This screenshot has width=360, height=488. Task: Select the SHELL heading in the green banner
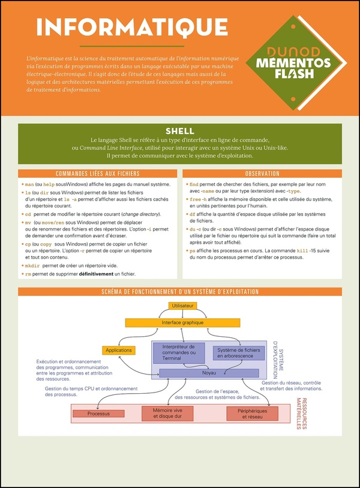pyautogui.click(x=180, y=131)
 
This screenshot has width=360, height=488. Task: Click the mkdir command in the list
pyautogui.click(x=31, y=265)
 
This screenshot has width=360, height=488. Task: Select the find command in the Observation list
pyautogui.click(x=194, y=184)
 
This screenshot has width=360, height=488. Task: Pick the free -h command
pyautogui.click(x=198, y=199)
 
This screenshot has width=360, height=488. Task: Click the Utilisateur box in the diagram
pyautogui.click(x=182, y=306)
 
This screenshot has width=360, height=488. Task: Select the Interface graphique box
pyautogui.click(x=182, y=322)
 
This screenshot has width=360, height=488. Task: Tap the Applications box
pyautogui.click(x=118, y=350)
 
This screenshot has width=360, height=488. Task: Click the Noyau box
pyautogui.click(x=208, y=373)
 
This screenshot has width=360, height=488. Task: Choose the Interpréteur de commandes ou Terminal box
pyautogui.click(x=179, y=352)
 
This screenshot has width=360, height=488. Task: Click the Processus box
pyautogui.click(x=98, y=414)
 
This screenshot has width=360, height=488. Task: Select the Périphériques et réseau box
pyautogui.click(x=252, y=413)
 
